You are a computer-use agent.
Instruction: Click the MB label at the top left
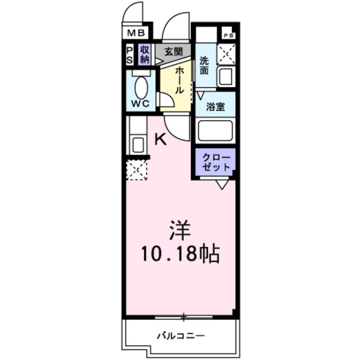[x=135, y=34]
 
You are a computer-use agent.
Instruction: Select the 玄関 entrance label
[x=173, y=52]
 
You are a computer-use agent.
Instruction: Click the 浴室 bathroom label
[x=215, y=107]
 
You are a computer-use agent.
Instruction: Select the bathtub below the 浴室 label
[x=215, y=131]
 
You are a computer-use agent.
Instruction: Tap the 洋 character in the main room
[x=179, y=231]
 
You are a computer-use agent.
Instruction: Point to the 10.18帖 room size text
[x=179, y=254]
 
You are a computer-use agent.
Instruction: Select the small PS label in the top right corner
[x=228, y=35]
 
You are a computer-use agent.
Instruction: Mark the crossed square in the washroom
[x=227, y=54]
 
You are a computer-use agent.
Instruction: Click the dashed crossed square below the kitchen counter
[x=136, y=170]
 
